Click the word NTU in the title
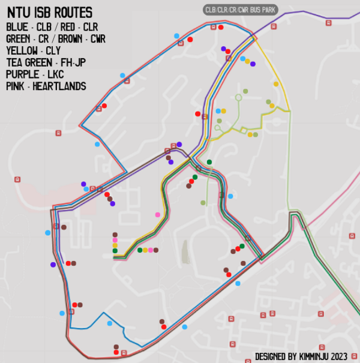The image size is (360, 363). pyautogui.click(x=20, y=13)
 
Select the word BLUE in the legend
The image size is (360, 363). pyautogui.click(x=17, y=28)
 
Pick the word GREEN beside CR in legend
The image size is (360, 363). pyautogui.click(x=20, y=39)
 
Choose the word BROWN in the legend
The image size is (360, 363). pyautogui.click(x=67, y=39)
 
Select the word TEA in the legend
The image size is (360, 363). pyautogui.click(x=16, y=62)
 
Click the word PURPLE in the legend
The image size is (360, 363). pyautogui.click(x=22, y=74)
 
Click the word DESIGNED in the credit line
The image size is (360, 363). pyautogui.click(x=273, y=356)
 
